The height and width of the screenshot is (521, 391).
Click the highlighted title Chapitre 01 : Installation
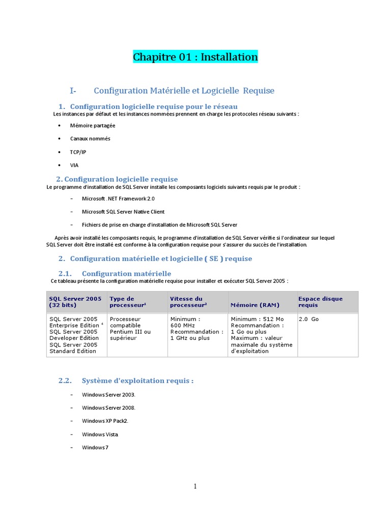195,57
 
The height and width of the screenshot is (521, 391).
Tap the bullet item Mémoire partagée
93,125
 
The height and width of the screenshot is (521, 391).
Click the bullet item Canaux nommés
90,138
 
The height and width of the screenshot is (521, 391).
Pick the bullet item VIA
74,165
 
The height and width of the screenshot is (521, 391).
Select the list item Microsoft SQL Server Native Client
123,212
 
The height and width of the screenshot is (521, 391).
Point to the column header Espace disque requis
320,302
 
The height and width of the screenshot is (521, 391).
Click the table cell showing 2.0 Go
309,319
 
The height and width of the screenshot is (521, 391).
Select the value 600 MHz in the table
183,325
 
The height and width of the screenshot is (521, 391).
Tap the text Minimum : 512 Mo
257,319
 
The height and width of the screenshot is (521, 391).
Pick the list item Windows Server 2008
109,408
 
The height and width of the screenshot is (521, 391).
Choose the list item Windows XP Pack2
105,421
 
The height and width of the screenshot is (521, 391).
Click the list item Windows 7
95,447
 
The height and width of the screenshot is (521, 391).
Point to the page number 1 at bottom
195,486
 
